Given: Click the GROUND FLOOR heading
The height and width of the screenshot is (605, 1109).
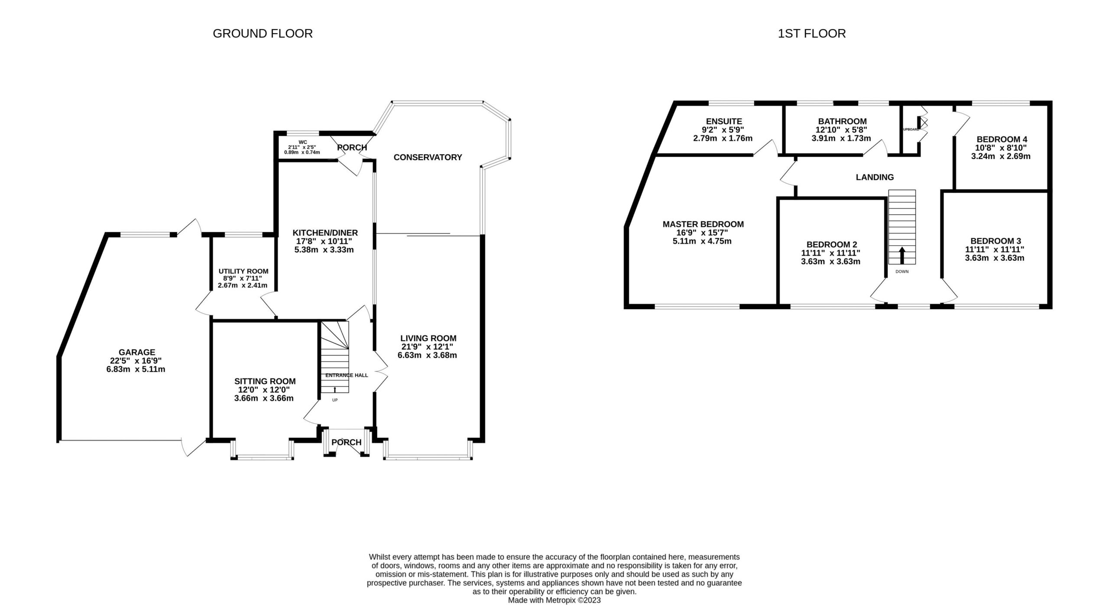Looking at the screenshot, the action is [x=263, y=33].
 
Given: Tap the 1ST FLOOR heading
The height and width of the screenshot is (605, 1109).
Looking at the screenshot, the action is [x=811, y=33].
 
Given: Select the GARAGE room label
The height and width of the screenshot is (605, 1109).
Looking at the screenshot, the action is [x=137, y=353].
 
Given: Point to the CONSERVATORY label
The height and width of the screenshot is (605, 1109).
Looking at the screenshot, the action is [x=428, y=157].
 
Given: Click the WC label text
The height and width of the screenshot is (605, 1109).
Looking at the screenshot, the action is [x=303, y=142].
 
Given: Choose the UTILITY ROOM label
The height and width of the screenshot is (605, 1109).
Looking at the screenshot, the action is [x=243, y=271].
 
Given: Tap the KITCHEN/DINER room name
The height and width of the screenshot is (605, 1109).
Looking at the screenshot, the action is [x=325, y=233].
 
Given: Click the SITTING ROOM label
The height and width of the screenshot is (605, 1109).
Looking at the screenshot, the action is [x=265, y=381].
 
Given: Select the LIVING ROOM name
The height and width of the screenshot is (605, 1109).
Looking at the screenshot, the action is [x=428, y=338].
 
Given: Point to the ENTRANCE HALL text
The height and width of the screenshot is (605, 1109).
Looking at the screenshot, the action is [x=347, y=375].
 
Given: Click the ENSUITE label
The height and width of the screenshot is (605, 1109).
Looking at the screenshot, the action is [x=724, y=121].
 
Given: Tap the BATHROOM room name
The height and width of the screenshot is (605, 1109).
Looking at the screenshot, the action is [x=842, y=121].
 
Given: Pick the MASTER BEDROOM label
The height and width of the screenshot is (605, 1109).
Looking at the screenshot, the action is [x=703, y=224].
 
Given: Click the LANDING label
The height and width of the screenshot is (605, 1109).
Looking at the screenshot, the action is [x=875, y=177].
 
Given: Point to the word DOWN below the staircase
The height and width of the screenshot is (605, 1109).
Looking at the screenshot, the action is [x=902, y=272].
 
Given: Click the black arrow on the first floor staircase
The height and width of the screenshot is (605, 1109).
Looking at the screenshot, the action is [x=902, y=255].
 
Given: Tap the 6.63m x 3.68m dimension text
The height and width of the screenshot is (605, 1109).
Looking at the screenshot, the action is [x=427, y=355].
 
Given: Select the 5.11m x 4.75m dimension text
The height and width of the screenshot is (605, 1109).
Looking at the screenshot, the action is [x=702, y=241].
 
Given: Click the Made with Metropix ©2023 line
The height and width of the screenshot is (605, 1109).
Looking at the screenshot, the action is [x=554, y=600].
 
